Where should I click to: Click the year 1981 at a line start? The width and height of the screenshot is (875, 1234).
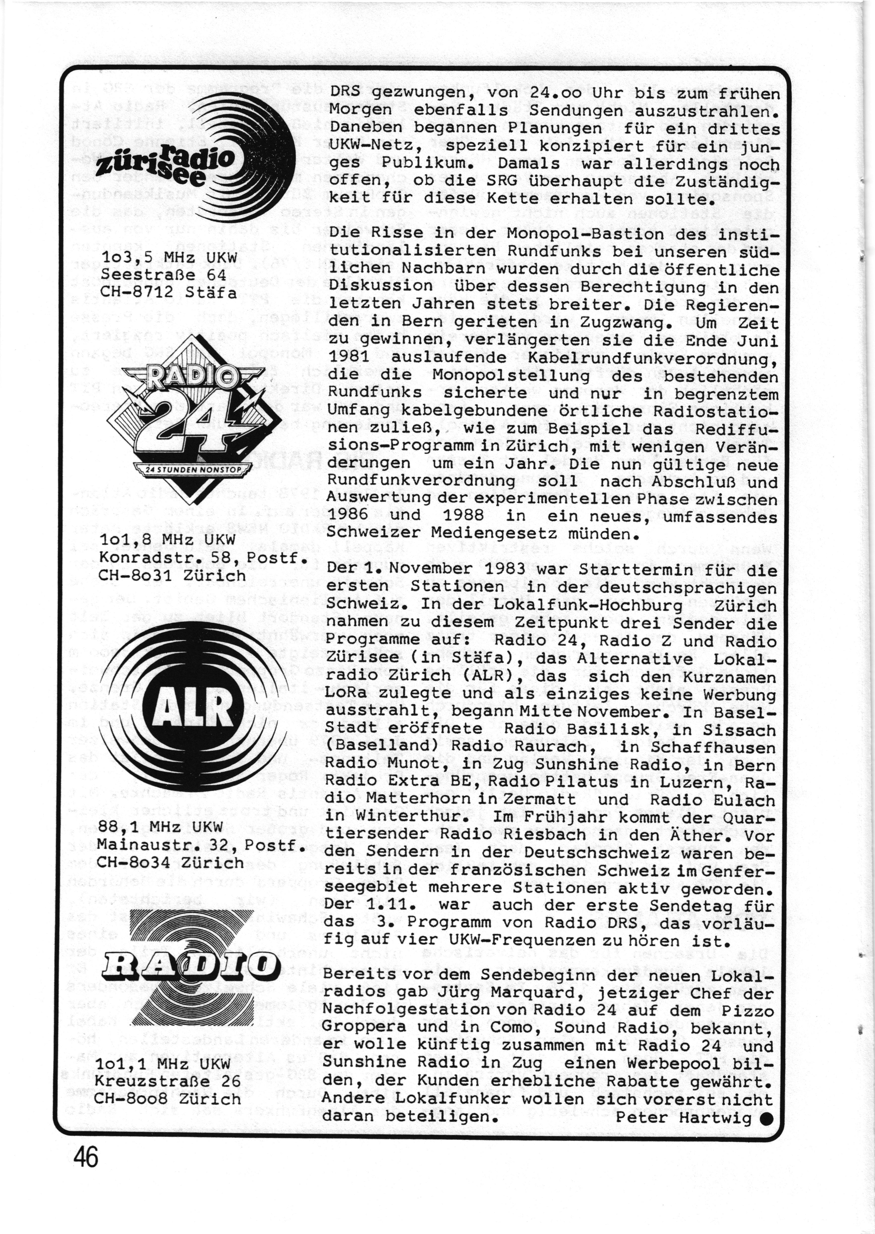(x=348, y=358)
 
